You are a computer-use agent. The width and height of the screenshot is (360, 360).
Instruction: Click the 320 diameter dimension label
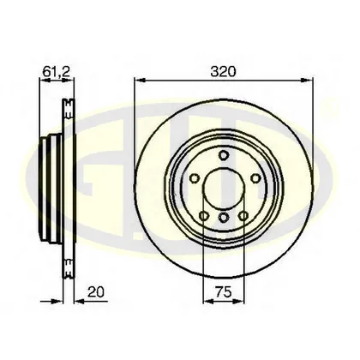[223, 71]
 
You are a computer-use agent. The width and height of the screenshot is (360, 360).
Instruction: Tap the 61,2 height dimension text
[57, 71]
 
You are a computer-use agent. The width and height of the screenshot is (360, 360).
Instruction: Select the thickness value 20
[96, 292]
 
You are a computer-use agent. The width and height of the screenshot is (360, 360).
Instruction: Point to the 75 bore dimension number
[224, 292]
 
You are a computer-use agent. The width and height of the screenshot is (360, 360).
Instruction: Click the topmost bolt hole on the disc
[224, 155]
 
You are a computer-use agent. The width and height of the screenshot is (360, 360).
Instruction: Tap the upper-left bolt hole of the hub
[195, 178]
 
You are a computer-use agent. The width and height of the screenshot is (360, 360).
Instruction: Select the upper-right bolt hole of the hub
[255, 178]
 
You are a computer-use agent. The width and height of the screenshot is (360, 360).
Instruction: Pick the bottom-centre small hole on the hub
[224, 218]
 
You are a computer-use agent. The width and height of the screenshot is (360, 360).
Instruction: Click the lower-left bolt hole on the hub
[203, 216]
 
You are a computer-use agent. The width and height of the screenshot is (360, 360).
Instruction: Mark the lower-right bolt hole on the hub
[243, 216]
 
